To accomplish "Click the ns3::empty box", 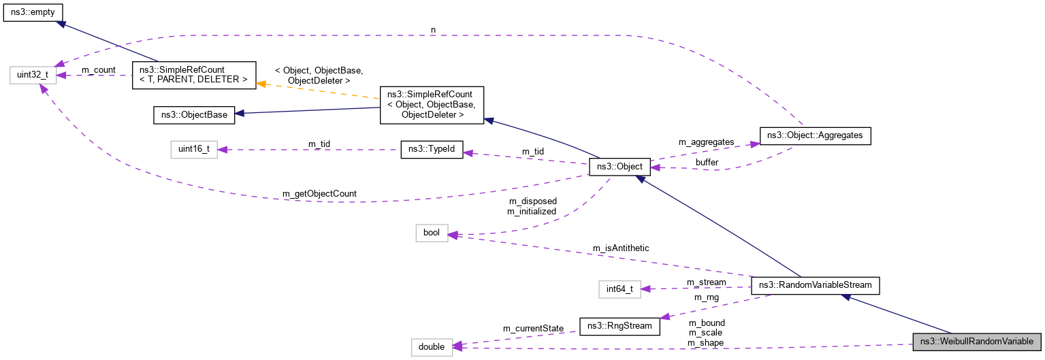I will coord(33,13).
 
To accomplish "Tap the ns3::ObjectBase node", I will coord(194,114).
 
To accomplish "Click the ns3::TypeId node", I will coord(432,150).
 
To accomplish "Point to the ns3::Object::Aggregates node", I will coord(814,135).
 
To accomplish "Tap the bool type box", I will coord(432,233).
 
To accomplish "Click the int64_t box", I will coord(620,289).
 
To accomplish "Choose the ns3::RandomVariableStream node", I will coord(815,285).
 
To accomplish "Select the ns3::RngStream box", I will coord(620,325).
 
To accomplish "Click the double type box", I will coord(432,346).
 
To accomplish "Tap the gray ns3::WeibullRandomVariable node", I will coord(978,342).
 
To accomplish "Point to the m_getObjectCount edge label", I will coord(319,195).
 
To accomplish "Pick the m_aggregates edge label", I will coord(707,142).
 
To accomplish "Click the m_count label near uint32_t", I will coord(98,70).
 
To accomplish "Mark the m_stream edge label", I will coord(706,282).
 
